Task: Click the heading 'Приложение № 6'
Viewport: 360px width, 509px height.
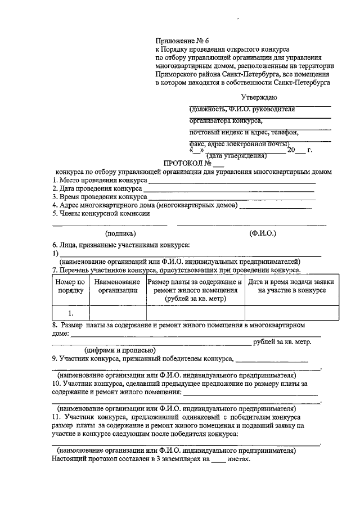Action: [x=182, y=41]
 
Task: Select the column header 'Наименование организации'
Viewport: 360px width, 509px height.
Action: [x=118, y=286]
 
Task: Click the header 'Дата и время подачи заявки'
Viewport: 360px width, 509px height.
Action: [x=291, y=282]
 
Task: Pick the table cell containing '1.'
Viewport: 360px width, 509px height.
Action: [x=70, y=313]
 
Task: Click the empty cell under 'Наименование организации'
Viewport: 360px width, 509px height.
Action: [x=118, y=313]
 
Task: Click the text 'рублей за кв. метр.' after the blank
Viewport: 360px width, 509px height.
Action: [x=282, y=341]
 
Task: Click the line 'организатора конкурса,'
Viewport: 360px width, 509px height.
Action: [x=226, y=120]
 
